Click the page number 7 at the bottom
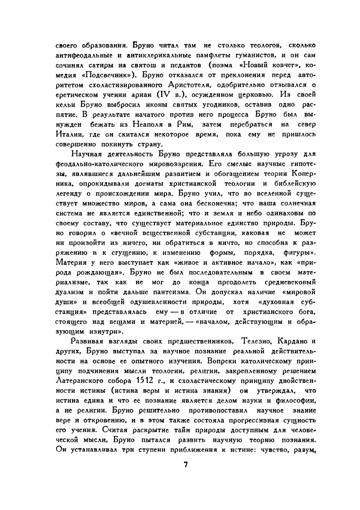pyautogui.click(x=186, y=465)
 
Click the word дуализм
pyautogui.click(x=71, y=292)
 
